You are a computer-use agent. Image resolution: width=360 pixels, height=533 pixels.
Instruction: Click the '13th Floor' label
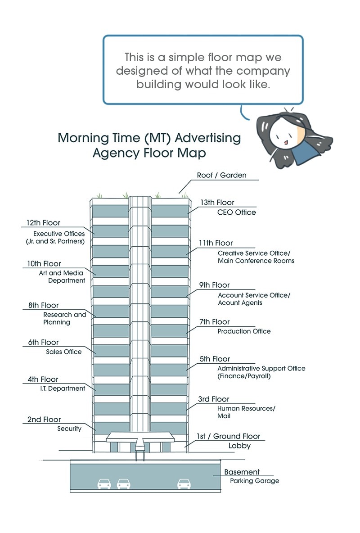pyautogui.click(x=217, y=203)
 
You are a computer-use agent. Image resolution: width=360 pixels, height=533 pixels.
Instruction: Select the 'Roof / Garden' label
pyautogui.click(x=221, y=176)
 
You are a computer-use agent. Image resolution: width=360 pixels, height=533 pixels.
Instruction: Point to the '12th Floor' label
pyautogui.click(x=43, y=223)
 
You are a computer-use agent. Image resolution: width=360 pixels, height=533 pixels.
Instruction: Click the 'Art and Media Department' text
pyautogui.click(x=62, y=277)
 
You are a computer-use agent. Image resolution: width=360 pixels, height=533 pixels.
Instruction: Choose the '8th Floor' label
pyautogui.click(x=43, y=306)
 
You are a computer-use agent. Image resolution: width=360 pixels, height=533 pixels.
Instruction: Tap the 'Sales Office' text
pyautogui.click(x=64, y=352)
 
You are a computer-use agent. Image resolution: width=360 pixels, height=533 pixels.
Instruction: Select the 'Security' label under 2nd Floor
pyautogui.click(x=69, y=429)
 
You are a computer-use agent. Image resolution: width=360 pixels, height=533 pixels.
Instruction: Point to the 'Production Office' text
pyautogui.click(x=244, y=331)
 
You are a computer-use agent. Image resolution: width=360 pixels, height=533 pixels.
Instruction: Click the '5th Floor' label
pyautogui.click(x=215, y=359)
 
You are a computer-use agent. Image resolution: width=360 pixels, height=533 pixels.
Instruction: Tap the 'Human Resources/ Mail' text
pyautogui.click(x=246, y=412)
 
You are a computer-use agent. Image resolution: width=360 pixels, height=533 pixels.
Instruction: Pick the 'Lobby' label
pyautogui.click(x=239, y=446)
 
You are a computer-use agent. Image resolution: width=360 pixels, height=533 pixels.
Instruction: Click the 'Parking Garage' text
pyautogui.click(x=254, y=481)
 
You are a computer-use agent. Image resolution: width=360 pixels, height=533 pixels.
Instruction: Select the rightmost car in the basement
pyautogui.click(x=184, y=483)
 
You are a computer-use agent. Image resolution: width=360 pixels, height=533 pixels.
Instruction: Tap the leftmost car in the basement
pyautogui.click(x=104, y=483)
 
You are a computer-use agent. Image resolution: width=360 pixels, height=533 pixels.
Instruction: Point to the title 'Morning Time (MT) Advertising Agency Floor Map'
pyautogui.click(x=149, y=145)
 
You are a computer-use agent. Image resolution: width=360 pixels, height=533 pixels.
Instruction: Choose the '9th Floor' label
pyautogui.click(x=215, y=285)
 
